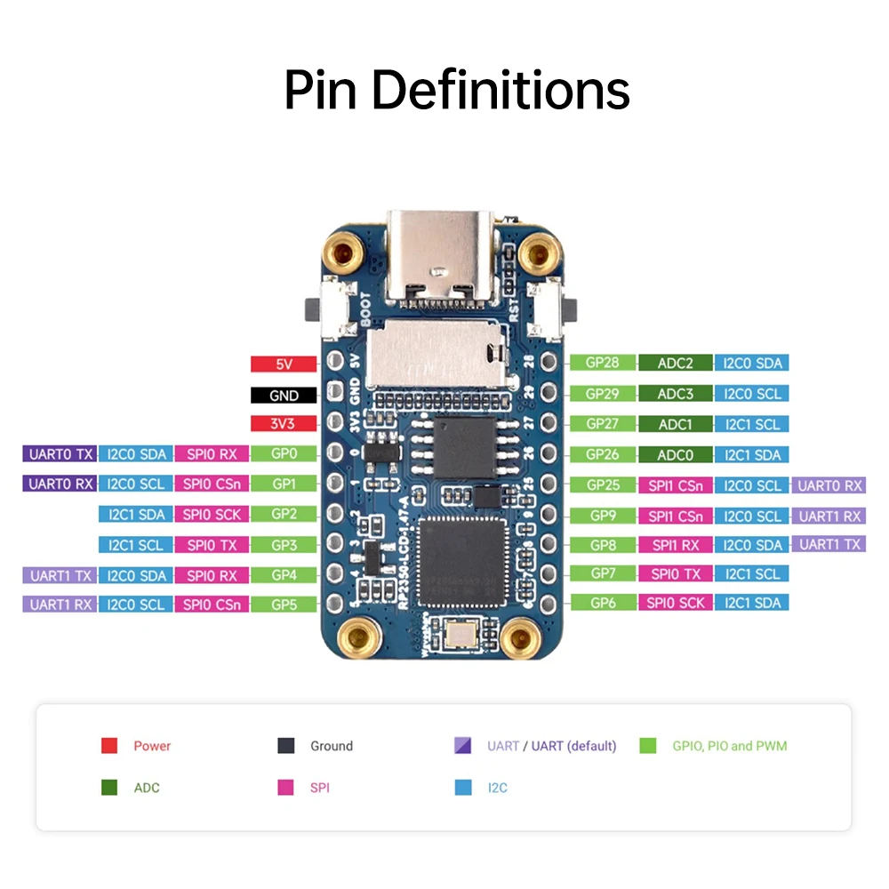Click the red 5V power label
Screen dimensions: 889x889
coord(284,364)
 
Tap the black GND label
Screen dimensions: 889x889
coord(284,395)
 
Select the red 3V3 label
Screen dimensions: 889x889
coord(284,424)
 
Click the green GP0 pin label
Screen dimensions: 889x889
coord(284,454)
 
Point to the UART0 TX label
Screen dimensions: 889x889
coord(59,454)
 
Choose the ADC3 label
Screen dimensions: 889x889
coord(675,394)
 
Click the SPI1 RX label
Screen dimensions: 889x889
coord(675,545)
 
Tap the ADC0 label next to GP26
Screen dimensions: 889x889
coord(675,455)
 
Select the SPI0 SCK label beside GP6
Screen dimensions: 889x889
coord(675,603)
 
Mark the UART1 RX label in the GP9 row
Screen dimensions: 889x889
coord(829,516)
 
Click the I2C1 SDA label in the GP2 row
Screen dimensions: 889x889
coord(136,514)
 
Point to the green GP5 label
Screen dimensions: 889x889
coord(284,605)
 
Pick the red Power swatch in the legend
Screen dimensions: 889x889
coord(109,746)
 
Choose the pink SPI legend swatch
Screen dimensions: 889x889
coord(286,788)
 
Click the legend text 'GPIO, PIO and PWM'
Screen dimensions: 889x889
coord(729,746)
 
